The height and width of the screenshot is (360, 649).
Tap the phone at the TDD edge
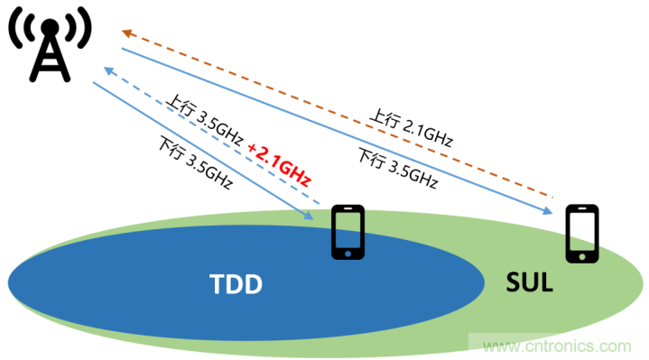point(348,233)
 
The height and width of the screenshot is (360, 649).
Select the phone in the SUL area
point(582,233)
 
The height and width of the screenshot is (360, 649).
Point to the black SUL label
point(529,285)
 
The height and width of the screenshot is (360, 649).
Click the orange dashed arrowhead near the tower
point(128,32)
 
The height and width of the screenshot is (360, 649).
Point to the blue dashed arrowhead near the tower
point(108,69)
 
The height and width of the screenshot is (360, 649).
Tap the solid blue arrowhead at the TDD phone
point(309,216)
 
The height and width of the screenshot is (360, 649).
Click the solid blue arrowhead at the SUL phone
point(547,211)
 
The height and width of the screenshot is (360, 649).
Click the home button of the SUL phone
point(582,256)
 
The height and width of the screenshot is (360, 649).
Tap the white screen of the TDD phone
point(348,230)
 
